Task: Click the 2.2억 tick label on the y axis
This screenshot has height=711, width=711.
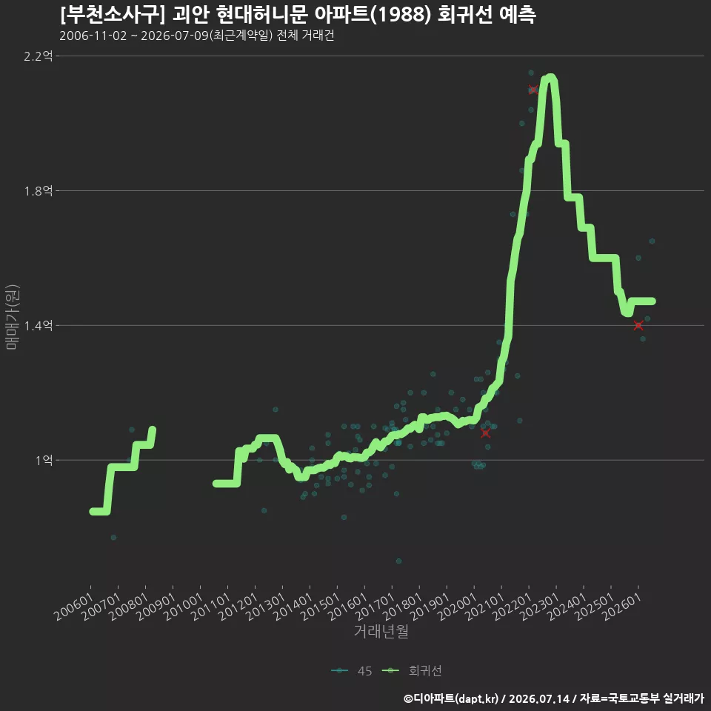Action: point(39,56)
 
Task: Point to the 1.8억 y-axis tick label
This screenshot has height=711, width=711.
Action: point(39,191)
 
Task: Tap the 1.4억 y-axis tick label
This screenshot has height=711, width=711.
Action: point(39,326)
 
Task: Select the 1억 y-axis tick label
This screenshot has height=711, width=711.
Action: point(44,460)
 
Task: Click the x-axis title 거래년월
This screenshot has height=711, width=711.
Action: point(381,631)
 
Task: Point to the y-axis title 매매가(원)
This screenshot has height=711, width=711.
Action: point(12,318)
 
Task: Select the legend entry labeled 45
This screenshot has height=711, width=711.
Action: point(352,671)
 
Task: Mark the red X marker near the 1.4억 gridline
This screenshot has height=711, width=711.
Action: point(638,325)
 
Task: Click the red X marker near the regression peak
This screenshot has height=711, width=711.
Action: point(533,90)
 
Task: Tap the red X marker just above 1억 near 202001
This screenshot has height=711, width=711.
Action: point(485,433)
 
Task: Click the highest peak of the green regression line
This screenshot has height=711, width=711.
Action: point(550,77)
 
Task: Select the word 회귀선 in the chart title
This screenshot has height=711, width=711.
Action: point(465,15)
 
